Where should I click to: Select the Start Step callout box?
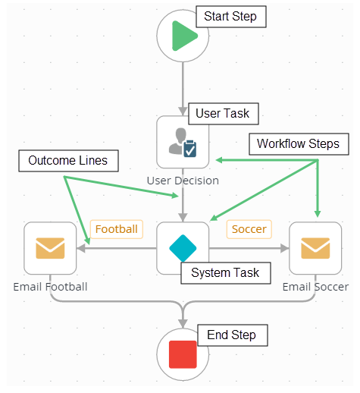pos(230,17)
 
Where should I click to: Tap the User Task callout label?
pos(223,113)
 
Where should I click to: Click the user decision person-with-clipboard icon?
pos(183,141)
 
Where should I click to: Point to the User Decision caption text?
pos(183,181)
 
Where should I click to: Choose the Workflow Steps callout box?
pos(298,143)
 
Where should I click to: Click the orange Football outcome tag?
pos(117,228)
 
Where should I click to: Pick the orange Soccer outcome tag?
pos(249,228)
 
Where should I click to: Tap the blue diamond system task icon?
pos(183,247)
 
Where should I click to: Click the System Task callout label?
pos(225,273)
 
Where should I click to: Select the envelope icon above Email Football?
pos(50,248)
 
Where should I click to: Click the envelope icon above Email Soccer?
pos(315,248)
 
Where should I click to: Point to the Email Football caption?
pos(50,287)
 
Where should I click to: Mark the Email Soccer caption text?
pos(315,287)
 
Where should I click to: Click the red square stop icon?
pos(183,354)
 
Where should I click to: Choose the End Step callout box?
pos(231,335)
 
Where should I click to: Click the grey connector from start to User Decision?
pos(183,87)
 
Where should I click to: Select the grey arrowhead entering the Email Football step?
pos(82,248)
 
